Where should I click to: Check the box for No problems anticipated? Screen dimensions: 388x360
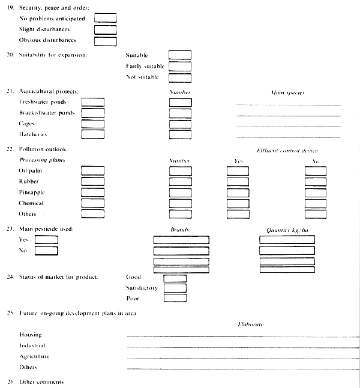(x=105, y=18)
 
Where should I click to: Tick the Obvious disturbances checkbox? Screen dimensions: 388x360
(x=105, y=41)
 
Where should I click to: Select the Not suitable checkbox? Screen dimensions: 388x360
(x=179, y=77)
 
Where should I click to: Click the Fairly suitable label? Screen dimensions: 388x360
(x=145, y=66)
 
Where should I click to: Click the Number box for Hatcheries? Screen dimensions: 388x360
(x=180, y=134)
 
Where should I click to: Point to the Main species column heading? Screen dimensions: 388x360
(x=287, y=93)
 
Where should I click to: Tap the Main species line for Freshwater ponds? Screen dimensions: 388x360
(x=288, y=104)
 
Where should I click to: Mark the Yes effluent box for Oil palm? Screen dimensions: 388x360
(x=238, y=171)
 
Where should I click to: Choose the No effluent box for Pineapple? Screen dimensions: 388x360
(x=316, y=193)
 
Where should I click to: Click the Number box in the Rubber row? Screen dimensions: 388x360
(x=180, y=182)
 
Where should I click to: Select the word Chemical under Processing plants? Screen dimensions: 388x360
(x=31, y=203)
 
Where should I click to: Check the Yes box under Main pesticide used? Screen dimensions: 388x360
(x=46, y=239)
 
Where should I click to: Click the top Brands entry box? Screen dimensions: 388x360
(x=181, y=239)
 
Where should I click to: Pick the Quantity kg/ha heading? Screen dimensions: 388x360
(x=287, y=230)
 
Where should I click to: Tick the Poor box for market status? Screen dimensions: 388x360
(x=175, y=298)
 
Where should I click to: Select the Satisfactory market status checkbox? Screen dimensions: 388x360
(x=175, y=288)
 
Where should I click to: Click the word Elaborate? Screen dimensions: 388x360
(x=251, y=324)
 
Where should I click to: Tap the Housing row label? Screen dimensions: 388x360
(x=31, y=335)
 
